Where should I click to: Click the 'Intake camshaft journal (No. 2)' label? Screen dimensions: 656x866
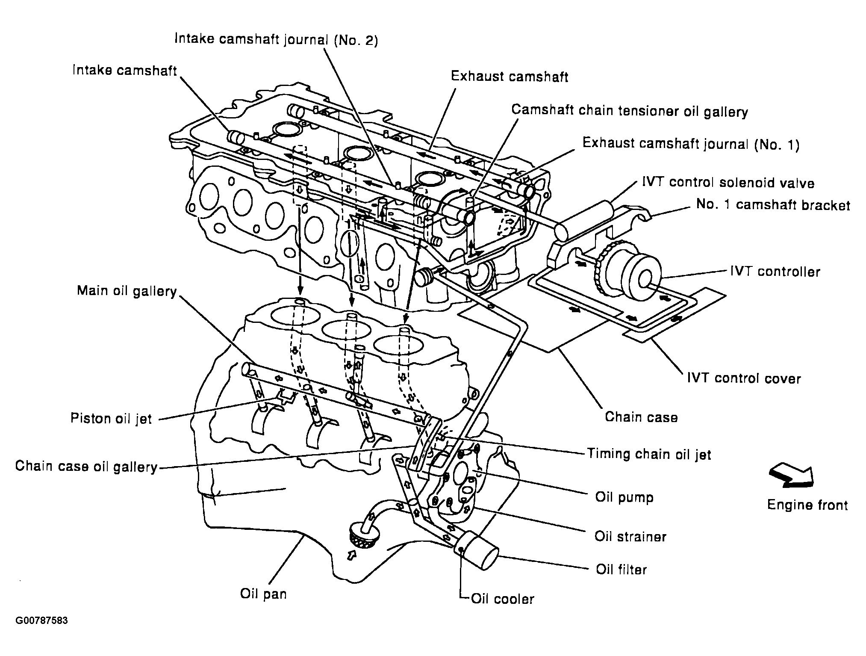(x=276, y=39)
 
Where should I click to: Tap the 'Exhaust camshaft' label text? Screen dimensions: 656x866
(x=510, y=77)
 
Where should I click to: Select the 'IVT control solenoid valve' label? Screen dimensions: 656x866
(x=728, y=183)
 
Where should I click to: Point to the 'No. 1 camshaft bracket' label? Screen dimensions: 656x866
(x=773, y=205)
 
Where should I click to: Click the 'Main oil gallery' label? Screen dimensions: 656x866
(x=127, y=291)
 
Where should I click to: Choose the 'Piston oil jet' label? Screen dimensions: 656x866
(x=111, y=418)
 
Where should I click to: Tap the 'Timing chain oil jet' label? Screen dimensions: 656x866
(x=649, y=454)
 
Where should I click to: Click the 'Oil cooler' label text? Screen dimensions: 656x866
(x=502, y=599)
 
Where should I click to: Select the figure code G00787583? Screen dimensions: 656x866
(x=42, y=621)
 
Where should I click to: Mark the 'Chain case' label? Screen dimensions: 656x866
(x=641, y=417)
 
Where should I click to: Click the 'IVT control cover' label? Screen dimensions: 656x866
(x=743, y=378)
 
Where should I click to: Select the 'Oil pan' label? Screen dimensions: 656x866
(x=263, y=594)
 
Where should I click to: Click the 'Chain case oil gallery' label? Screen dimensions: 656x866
(x=86, y=467)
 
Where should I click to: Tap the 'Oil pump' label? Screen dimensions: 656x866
(x=624, y=497)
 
